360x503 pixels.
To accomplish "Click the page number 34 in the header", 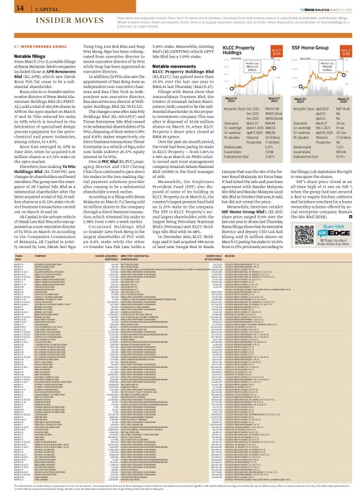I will click(18, 8).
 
